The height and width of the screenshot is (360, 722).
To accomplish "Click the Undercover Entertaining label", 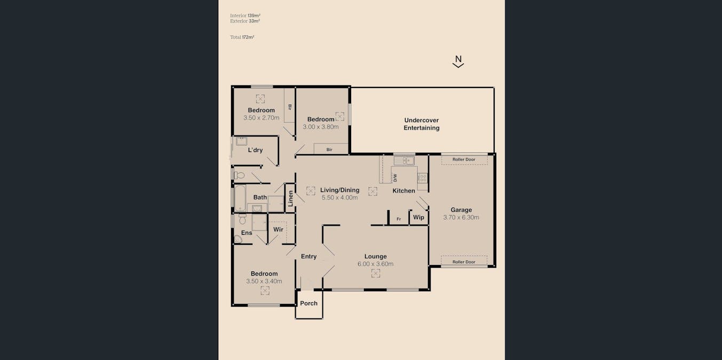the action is (x=421, y=124).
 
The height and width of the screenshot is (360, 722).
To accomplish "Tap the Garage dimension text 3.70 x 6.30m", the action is (x=461, y=218).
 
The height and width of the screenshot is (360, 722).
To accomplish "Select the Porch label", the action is (x=309, y=303).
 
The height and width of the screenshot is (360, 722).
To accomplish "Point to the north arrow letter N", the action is (x=458, y=59).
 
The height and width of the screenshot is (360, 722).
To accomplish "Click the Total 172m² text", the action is (x=242, y=37).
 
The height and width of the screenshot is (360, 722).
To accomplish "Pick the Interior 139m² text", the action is (x=245, y=15).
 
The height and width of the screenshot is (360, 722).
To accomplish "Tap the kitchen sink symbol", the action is (x=404, y=161).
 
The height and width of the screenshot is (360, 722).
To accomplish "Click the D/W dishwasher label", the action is (x=395, y=178).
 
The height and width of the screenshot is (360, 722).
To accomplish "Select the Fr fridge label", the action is (x=399, y=219).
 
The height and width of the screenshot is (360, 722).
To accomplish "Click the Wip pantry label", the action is (x=419, y=218).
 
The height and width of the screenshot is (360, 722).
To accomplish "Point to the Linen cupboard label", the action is (x=290, y=198).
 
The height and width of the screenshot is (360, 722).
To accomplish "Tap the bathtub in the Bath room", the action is (x=240, y=198).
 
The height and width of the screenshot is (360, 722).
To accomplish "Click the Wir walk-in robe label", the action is (x=278, y=229).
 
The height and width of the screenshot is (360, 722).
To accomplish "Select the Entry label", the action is (x=309, y=257).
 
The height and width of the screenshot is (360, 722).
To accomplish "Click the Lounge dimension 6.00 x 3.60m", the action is (x=376, y=264).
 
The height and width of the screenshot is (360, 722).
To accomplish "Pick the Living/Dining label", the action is (x=340, y=190).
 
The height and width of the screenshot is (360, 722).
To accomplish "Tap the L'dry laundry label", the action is (x=255, y=150).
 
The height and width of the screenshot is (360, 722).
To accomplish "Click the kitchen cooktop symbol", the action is (x=423, y=178).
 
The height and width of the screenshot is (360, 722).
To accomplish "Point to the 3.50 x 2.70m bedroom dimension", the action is (x=261, y=118).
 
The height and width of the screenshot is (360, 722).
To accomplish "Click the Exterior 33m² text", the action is (x=245, y=21).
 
